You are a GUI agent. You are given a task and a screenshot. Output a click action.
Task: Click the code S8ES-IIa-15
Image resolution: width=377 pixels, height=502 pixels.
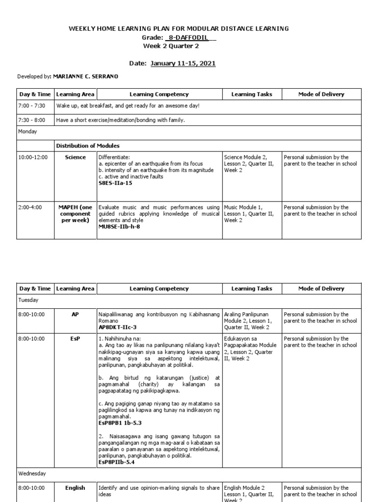[115, 183]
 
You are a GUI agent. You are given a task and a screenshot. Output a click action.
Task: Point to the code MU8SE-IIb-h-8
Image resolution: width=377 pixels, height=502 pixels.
[119, 226]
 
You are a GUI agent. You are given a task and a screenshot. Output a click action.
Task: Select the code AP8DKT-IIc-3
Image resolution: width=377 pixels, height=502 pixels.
[117, 326]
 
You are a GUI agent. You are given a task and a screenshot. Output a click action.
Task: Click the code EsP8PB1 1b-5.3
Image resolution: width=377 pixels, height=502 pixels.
[120, 422]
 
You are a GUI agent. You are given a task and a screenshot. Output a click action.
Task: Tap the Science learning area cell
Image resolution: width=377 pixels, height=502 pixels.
[75, 157]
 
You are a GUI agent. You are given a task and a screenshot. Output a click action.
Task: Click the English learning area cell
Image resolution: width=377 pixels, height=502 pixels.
[75, 488]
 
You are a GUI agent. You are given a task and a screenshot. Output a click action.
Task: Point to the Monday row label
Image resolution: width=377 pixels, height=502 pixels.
[28, 132]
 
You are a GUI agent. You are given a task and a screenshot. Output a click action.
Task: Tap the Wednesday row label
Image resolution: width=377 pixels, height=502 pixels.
[32, 474]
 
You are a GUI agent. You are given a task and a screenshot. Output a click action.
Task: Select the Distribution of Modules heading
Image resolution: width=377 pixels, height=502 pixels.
[87, 146]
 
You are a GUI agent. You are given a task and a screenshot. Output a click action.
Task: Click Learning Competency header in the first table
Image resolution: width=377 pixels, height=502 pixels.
[159, 94]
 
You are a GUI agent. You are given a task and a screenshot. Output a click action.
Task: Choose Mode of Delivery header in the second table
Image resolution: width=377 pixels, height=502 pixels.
[321, 289]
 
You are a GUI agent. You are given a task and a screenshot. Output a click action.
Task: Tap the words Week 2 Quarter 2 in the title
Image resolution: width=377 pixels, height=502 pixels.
[171, 46]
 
